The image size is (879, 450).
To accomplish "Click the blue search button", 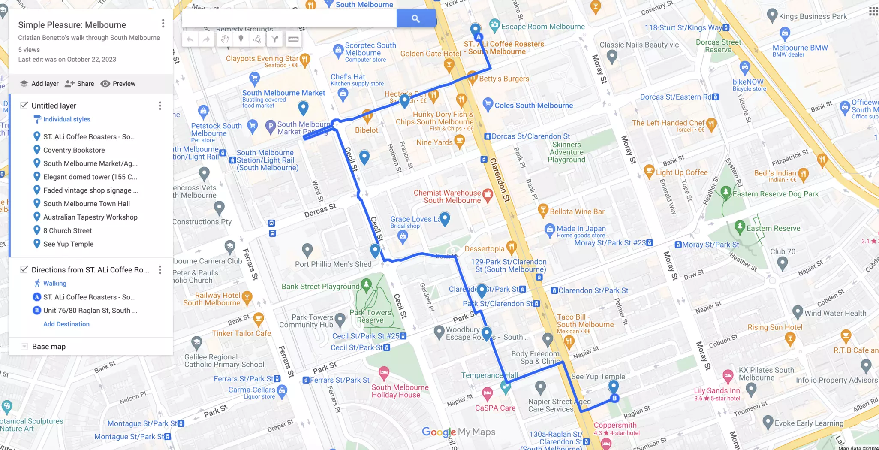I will click(x=415, y=18).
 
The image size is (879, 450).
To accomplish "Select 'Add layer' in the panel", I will click(x=39, y=84).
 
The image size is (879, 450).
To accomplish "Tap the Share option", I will click(x=80, y=84).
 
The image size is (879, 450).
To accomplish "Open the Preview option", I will click(x=118, y=84).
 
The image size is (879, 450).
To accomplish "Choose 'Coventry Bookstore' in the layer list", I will click(x=74, y=150).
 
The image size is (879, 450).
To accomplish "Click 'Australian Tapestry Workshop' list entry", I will click(x=90, y=217).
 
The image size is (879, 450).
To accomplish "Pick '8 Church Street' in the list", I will click(x=67, y=230).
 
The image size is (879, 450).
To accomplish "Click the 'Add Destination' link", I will click(x=66, y=324).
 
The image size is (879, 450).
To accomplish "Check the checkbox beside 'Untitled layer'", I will click(x=24, y=106).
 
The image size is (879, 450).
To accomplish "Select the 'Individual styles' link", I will click(x=66, y=119).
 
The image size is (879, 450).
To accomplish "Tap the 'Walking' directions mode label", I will click(x=54, y=283).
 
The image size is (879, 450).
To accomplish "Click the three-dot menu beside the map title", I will click(x=163, y=24).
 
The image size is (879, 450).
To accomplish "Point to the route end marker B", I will click(x=614, y=398).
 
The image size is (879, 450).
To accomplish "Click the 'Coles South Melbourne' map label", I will click(x=533, y=106).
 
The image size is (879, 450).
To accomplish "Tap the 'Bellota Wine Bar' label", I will click(x=577, y=211).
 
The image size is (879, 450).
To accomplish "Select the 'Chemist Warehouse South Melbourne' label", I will click(x=447, y=196).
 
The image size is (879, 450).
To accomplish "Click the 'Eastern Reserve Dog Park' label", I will click(x=775, y=194).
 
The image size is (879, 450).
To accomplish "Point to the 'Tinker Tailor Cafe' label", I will click(x=241, y=333).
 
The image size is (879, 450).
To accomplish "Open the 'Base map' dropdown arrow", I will click(x=24, y=347).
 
